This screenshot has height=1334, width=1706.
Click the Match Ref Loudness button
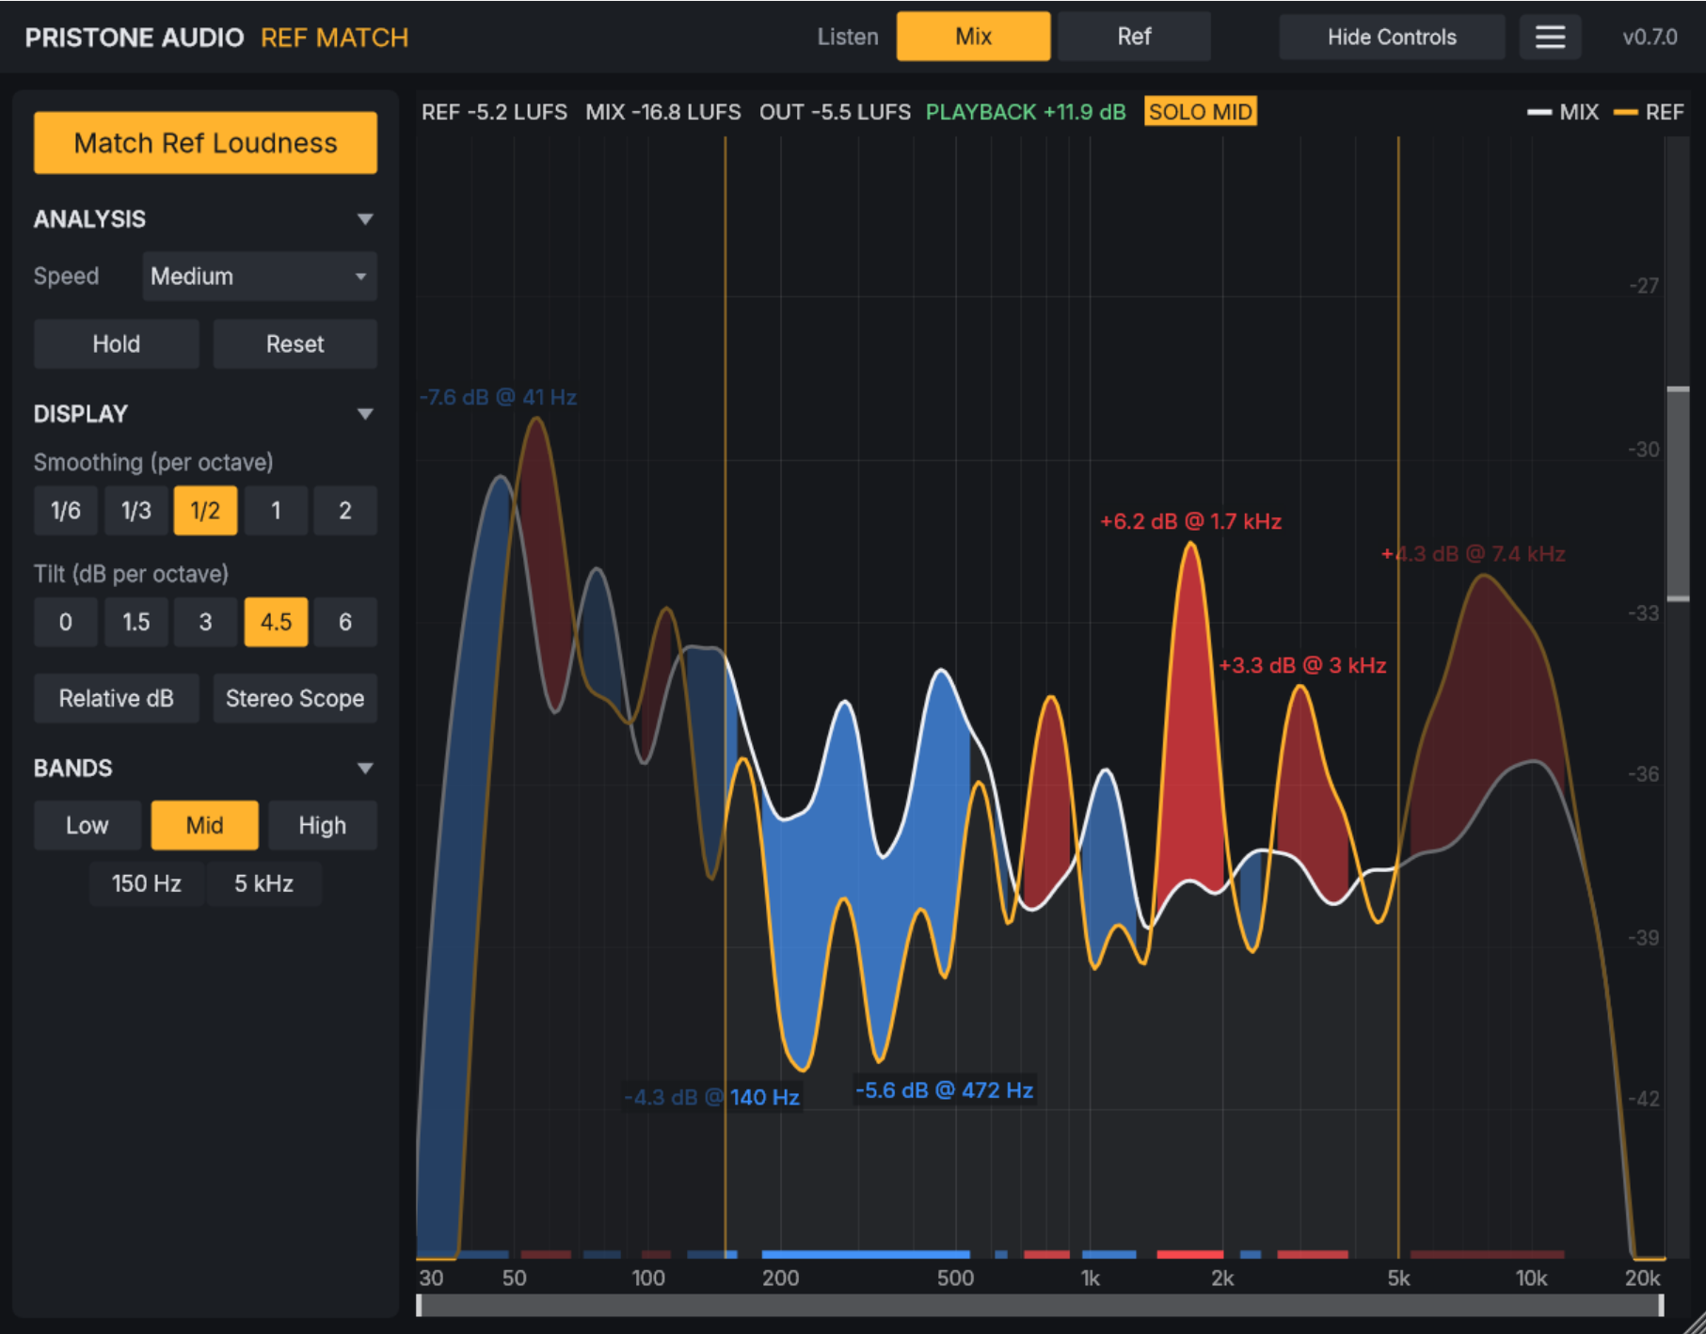click(205, 143)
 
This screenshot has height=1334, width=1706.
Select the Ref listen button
click(1134, 37)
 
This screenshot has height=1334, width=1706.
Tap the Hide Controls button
click(1392, 37)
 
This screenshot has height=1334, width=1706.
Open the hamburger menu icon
click(1550, 37)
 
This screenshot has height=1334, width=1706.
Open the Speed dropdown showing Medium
click(260, 276)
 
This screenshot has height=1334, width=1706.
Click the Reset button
click(295, 343)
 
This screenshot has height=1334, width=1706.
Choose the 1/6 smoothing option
click(66, 511)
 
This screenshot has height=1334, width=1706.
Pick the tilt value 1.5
click(136, 622)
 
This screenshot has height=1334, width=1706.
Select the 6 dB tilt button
click(345, 622)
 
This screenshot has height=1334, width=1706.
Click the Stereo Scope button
click(295, 698)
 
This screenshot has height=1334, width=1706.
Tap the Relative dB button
click(116, 698)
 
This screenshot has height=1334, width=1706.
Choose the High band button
click(322, 825)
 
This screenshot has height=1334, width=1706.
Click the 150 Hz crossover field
click(146, 883)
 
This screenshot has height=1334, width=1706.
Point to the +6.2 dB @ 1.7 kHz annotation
click(1190, 521)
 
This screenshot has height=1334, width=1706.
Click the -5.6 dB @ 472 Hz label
click(944, 1090)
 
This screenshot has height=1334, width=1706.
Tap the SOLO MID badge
click(1201, 112)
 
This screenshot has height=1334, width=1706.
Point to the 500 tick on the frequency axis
click(955, 1278)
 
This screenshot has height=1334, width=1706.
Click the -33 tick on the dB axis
click(1644, 613)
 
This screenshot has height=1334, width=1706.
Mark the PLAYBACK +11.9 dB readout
click(1026, 112)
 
